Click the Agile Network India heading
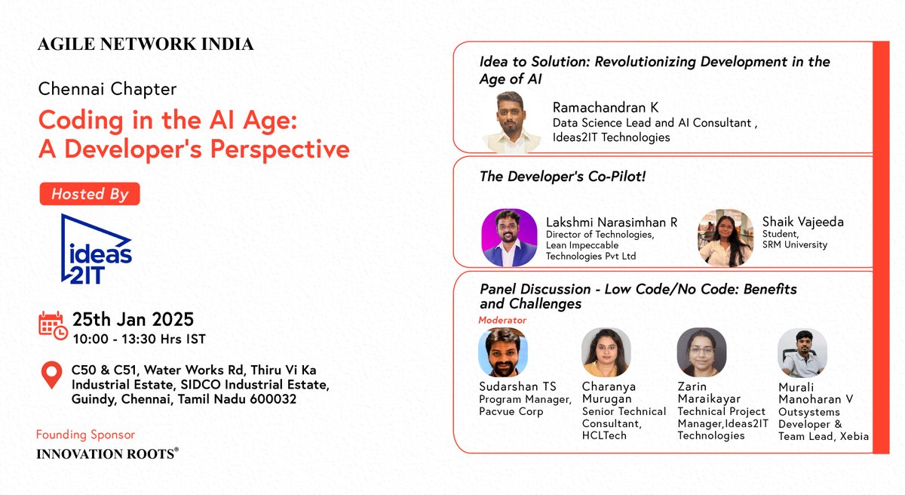pyautogui.click(x=146, y=45)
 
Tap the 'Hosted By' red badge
pyautogui.click(x=89, y=194)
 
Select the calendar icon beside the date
pyautogui.click(x=53, y=324)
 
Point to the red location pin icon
pyautogui.click(x=51, y=375)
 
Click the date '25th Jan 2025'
pyautogui.click(x=133, y=319)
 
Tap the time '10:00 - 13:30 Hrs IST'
pyautogui.click(x=139, y=339)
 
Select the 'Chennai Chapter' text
pyautogui.click(x=107, y=89)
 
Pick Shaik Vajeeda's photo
pyautogui.click(x=726, y=238)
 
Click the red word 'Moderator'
pyautogui.click(x=502, y=320)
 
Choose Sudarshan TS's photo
pyautogui.click(x=503, y=352)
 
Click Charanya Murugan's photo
pyautogui.click(x=606, y=352)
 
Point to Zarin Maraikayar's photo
pyautogui.click(x=701, y=352)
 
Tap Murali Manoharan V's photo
pyautogui.click(x=802, y=352)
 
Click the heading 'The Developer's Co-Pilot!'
pyautogui.click(x=563, y=177)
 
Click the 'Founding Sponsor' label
pyautogui.click(x=85, y=435)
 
